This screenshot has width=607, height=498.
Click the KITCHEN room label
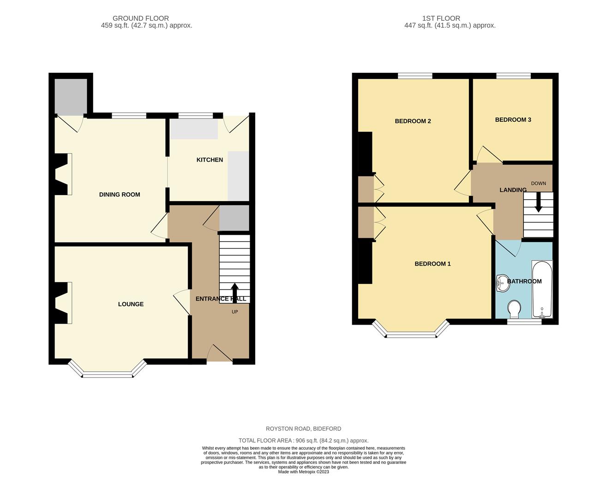coord(210,160)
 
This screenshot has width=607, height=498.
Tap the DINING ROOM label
coord(120,195)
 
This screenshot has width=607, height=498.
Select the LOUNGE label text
coord(131,304)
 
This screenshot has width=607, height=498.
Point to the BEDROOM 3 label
coord(513,120)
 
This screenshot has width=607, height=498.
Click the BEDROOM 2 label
coord(413,121)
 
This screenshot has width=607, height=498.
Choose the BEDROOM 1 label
coord(433,264)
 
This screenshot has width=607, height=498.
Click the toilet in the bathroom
coord(514,309)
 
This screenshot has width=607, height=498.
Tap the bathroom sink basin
coord(503,283)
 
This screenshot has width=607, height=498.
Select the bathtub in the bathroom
coord(542,289)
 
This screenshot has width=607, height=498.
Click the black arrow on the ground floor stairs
coord(235,293)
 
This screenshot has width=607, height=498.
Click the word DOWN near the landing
coord(539,184)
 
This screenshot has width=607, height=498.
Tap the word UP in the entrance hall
coord(235,312)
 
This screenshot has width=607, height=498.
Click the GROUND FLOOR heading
coord(140,18)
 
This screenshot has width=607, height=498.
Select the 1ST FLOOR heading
coord(441,18)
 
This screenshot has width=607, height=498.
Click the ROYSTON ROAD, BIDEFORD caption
coord(303,429)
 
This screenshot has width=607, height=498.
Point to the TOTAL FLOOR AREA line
coord(303,440)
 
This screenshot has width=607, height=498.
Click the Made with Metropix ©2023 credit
coord(303,472)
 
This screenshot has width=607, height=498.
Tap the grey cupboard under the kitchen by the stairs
coord(234,218)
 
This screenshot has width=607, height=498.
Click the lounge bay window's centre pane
coord(108,374)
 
